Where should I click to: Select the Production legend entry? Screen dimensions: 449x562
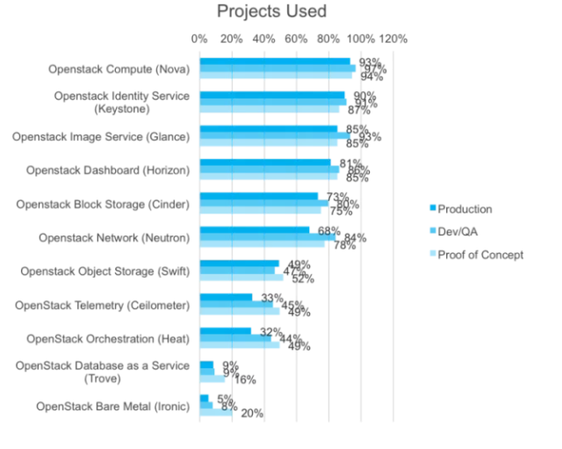tap(465, 209)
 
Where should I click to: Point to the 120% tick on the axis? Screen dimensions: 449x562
tap(393, 39)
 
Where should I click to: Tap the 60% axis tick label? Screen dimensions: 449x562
tap(296, 39)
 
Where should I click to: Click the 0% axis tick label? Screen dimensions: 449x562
tap(199, 39)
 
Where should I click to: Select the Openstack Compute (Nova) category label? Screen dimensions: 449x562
tap(119, 69)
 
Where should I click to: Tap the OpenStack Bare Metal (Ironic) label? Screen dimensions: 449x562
tap(112, 406)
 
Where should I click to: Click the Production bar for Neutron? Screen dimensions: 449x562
tap(255, 230)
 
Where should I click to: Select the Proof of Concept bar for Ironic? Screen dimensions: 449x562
tap(216, 413)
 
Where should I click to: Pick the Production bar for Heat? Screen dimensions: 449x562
tap(226, 331)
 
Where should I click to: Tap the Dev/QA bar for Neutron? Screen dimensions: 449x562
tap(268, 237)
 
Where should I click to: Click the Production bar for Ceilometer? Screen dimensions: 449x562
tap(227, 298)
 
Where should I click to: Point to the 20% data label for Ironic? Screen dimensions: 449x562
tap(252, 414)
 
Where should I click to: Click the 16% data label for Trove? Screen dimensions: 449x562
tap(245, 380)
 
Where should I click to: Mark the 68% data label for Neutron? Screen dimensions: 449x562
tap(329, 231)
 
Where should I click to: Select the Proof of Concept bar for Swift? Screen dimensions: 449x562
tap(241, 278)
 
